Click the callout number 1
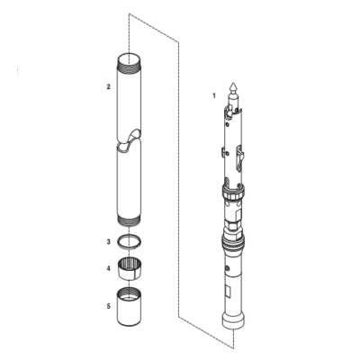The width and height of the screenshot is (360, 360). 213,94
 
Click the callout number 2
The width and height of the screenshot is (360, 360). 108,86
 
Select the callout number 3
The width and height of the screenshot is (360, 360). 108,241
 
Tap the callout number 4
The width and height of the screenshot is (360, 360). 108,267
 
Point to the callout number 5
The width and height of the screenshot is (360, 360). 108,306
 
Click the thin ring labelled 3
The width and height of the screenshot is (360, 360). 130,241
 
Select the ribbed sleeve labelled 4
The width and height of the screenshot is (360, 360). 130,268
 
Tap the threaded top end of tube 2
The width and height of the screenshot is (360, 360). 130,60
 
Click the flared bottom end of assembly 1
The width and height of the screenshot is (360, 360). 234,321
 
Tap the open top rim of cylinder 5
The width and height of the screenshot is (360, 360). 130,293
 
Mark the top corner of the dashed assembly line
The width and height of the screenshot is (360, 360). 130,13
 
